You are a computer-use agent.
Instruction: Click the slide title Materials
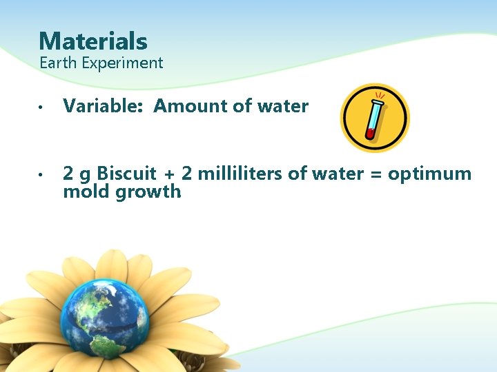(93, 41)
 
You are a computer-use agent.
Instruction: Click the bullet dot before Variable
(42, 107)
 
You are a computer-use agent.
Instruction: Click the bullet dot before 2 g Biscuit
(42, 175)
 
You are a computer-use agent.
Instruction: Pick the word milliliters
(239, 174)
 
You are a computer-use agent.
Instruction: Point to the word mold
(84, 192)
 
